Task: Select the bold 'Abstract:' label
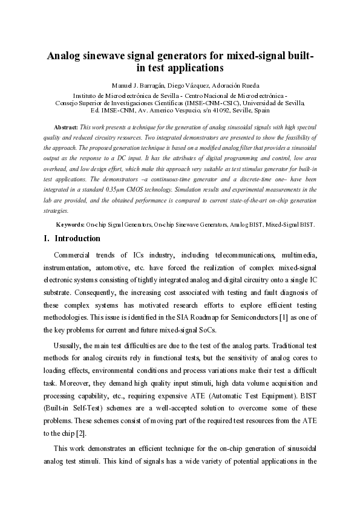[66, 128]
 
